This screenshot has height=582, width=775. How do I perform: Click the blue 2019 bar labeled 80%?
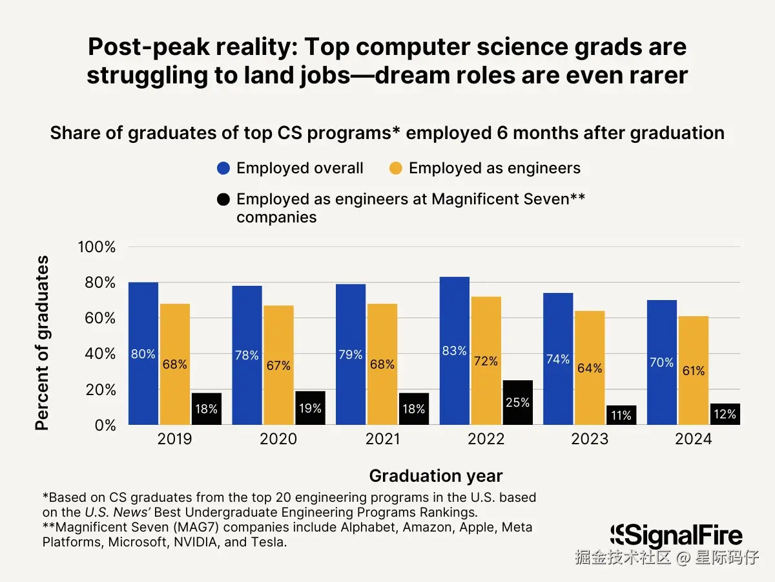pos(143,354)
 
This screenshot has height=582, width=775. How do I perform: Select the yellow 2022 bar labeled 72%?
pos(486,361)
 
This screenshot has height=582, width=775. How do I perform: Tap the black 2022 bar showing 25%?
pos(518,402)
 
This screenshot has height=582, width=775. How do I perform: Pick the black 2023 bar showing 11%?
pos(621,415)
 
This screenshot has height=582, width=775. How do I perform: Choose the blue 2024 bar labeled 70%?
pos(661,362)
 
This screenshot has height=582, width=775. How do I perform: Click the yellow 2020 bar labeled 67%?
pos(278,365)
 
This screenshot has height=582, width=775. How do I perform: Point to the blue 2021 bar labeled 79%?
pos(350,354)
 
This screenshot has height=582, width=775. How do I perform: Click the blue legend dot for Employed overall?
pos(223,169)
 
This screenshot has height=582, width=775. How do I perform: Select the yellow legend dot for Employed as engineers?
pos(396,169)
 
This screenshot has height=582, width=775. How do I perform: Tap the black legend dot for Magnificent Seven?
pos(223,199)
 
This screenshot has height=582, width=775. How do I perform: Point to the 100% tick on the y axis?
pos(96,247)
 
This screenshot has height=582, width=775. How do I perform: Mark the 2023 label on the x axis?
pos(590,439)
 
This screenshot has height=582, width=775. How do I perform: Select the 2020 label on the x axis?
pos(278,439)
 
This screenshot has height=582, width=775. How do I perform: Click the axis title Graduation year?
pos(435,476)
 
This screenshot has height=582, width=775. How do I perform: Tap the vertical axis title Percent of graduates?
pos(42,343)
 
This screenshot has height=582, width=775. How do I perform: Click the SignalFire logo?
pos(676,535)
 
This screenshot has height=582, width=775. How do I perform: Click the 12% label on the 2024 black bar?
pos(725,415)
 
